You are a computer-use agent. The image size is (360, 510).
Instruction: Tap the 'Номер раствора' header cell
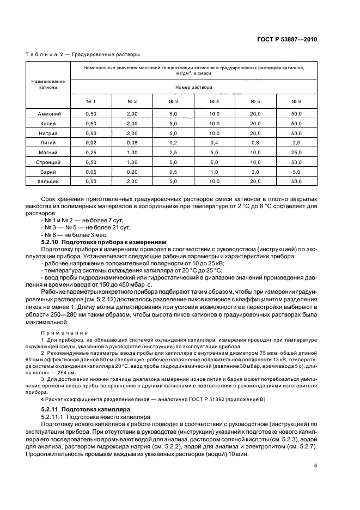click(194, 87)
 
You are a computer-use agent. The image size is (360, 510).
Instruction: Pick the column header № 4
click(214, 102)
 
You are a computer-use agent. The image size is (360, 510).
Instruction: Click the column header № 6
click(296, 102)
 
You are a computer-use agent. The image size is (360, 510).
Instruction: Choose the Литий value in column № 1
click(91, 143)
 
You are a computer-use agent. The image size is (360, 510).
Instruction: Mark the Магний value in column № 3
click(173, 152)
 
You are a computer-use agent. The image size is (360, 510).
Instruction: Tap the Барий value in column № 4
click(214, 172)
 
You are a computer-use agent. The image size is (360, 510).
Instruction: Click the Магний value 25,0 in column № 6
click(296, 152)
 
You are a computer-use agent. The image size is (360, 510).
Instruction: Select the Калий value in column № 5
click(255, 124)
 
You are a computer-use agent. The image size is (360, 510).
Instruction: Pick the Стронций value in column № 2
click(132, 162)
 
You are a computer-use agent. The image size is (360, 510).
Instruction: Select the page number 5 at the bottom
click(315, 466)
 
